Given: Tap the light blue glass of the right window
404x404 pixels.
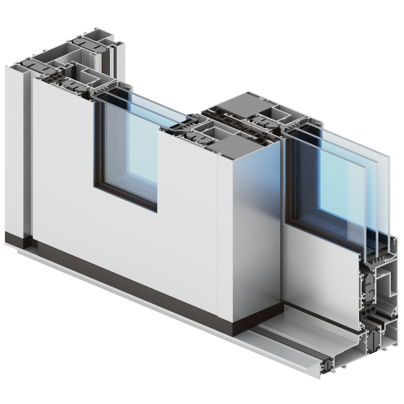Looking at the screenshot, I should tap(341, 183).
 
